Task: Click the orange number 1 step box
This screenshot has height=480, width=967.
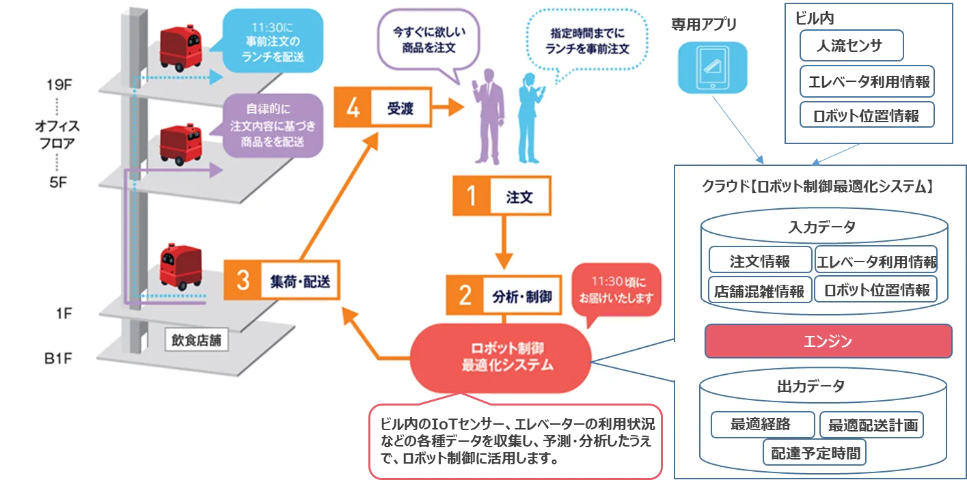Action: [x=471, y=197]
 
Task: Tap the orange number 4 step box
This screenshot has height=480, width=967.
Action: [x=353, y=107]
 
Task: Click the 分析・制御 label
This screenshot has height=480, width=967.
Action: [x=521, y=296]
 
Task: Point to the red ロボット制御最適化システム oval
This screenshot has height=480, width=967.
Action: [x=502, y=358]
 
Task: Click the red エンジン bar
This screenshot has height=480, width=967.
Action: [x=828, y=341]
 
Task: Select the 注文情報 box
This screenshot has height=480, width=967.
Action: [x=760, y=261]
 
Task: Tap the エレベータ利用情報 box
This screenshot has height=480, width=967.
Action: [x=876, y=261]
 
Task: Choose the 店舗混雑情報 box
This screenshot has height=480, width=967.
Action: [x=760, y=290]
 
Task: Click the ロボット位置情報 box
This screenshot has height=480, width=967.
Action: [x=876, y=290]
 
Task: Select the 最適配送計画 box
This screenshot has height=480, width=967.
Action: [x=871, y=425]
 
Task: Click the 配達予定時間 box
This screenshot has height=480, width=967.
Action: [x=815, y=451]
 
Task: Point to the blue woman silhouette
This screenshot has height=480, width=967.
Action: [x=530, y=116]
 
